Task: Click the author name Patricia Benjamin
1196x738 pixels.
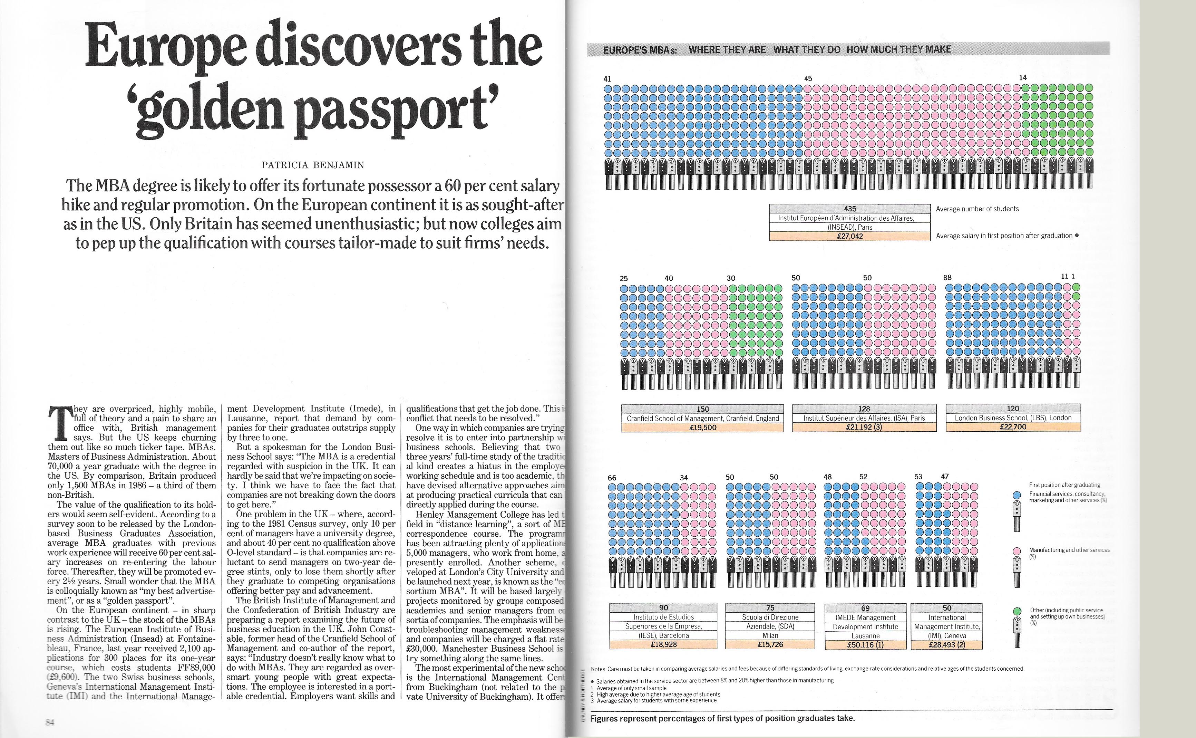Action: click(x=313, y=165)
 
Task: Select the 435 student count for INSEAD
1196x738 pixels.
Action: click(x=850, y=209)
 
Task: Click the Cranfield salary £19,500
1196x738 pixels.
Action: click(x=702, y=428)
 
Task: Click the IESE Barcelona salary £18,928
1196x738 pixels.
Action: click(x=663, y=644)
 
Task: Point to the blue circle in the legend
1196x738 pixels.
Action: click(x=1017, y=495)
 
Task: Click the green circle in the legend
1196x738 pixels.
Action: click(x=1017, y=612)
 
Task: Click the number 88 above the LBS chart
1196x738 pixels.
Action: click(x=947, y=278)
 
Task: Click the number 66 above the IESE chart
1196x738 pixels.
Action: click(x=612, y=478)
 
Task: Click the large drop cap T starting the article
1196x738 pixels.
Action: click(x=59, y=423)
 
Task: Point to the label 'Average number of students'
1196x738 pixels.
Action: click(x=977, y=209)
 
